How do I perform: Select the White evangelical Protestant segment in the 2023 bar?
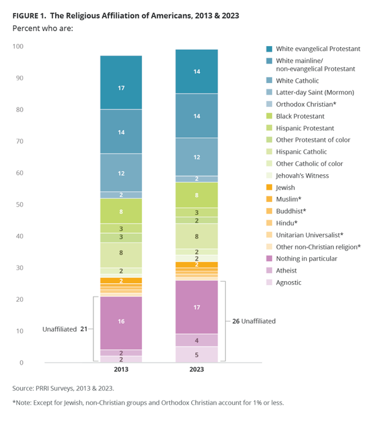pos(196,71)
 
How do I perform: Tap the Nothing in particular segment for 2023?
pos(196,307)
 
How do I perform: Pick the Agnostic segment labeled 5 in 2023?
pos(196,354)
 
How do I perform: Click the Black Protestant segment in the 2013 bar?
pos(121,211)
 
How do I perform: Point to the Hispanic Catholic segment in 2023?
pos(196,236)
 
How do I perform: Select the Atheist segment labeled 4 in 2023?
pos(196,340)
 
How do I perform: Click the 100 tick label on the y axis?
pos(18,47)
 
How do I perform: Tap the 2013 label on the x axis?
pos(121,370)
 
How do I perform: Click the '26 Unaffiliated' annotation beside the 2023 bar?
pos(253,321)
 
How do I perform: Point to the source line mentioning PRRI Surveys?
pos(67,388)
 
